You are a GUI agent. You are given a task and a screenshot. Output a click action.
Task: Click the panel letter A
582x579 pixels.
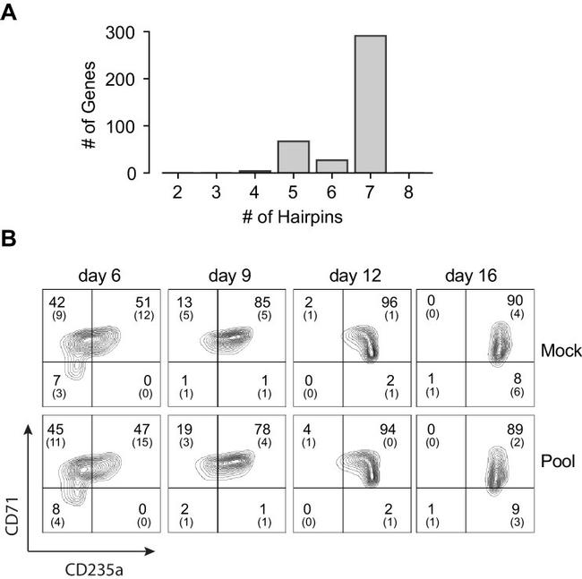pyautogui.click(x=13, y=13)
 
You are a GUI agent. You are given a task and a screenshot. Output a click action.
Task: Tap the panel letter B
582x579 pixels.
pyautogui.click(x=13, y=241)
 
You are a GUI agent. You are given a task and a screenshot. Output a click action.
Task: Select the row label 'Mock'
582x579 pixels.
pyautogui.click(x=560, y=351)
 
